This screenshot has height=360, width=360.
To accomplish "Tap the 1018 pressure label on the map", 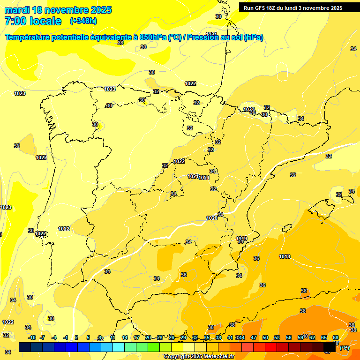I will [285, 256].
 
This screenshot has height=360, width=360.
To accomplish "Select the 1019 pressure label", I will [241, 239].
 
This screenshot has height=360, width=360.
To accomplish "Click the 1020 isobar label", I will [212, 218].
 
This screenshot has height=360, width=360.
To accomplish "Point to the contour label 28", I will [120, 43].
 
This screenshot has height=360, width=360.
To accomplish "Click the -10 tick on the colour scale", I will [32, 337].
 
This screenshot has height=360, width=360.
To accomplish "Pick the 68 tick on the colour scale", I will [336, 337].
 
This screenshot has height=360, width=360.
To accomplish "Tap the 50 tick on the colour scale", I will [265, 337].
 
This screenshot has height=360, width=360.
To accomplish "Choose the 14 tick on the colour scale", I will [125, 337].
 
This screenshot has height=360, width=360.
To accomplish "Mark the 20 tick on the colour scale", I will [148, 337].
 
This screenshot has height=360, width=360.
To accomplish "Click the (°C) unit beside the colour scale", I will [344, 348].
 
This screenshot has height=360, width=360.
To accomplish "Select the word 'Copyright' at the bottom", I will [177, 357].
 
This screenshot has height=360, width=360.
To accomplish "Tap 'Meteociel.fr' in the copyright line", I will [219, 357].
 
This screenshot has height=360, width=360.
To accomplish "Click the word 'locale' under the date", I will [45, 21].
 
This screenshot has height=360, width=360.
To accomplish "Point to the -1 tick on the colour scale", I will [66, 337].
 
